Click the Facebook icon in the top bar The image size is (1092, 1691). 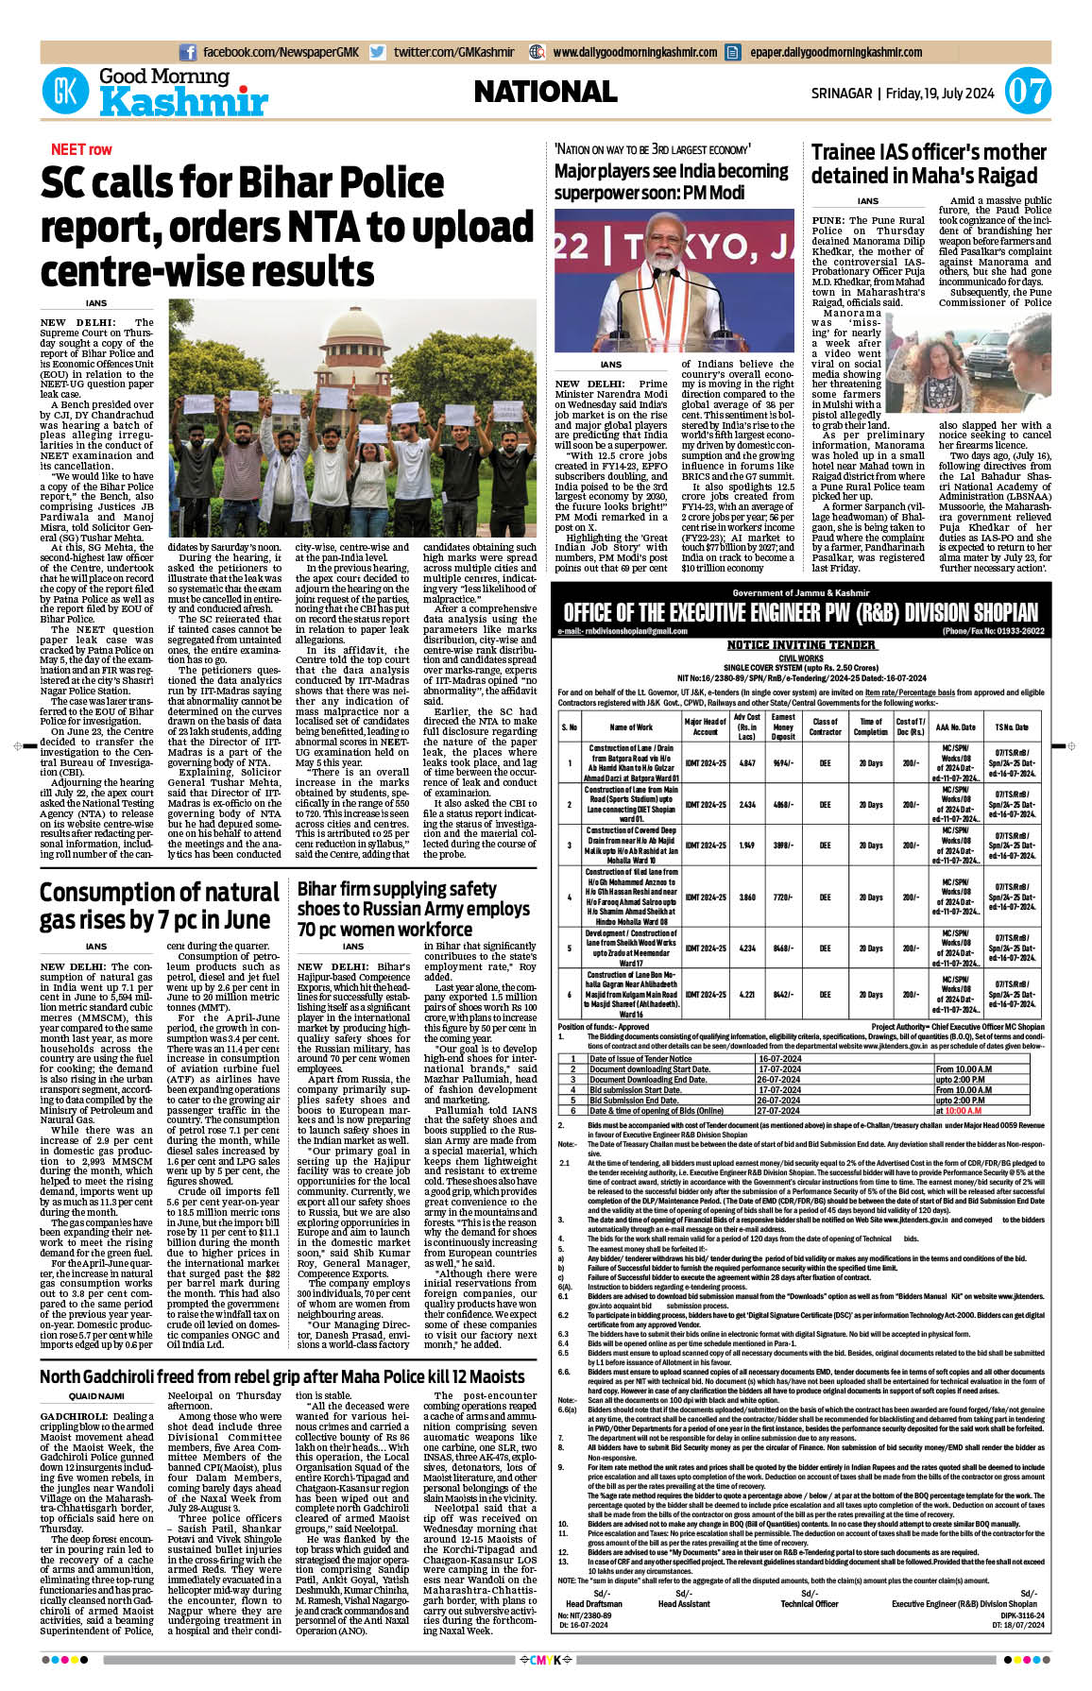(188, 53)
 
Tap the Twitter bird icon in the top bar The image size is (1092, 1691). (378, 53)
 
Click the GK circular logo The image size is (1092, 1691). (65, 92)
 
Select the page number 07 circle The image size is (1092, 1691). (1027, 93)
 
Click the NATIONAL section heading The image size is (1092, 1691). (545, 92)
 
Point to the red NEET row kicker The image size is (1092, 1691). (81, 149)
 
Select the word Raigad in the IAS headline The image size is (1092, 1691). (1003, 176)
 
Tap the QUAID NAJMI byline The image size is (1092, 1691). (96, 1396)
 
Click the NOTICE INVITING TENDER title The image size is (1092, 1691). (800, 645)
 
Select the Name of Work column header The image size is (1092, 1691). (630, 727)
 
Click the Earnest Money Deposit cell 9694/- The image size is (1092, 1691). (783, 762)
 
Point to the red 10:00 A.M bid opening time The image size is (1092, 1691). (963, 1111)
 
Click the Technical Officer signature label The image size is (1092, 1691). (809, 1604)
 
